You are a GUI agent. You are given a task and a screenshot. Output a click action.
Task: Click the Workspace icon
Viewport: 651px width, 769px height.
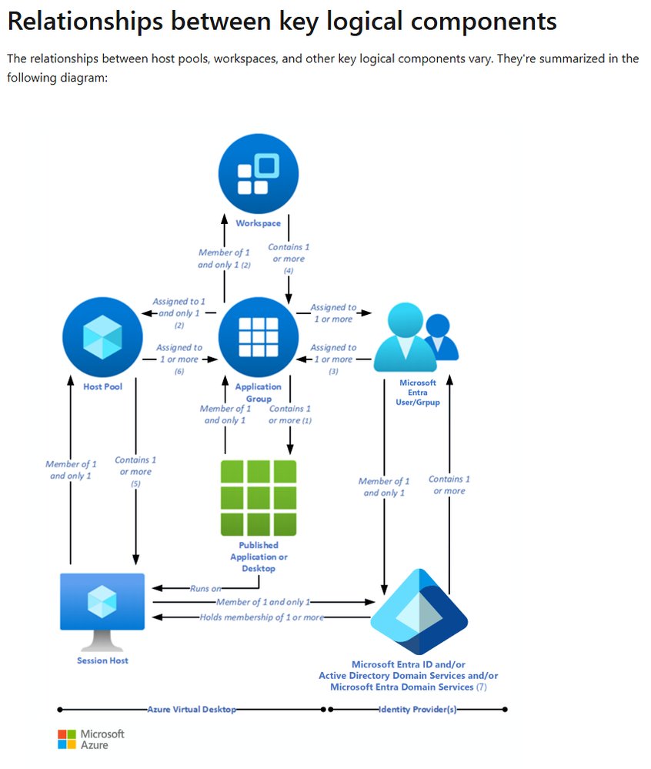[258, 175]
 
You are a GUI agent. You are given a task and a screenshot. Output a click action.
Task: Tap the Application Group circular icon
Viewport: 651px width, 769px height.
[258, 337]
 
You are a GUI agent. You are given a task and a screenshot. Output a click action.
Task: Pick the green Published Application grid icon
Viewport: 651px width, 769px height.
[258, 497]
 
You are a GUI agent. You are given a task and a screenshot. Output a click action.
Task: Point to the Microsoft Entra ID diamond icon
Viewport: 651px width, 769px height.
[419, 613]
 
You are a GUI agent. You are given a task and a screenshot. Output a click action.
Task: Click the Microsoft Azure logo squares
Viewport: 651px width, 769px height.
[68, 739]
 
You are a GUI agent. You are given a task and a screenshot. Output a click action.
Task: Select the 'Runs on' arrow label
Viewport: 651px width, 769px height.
[205, 589]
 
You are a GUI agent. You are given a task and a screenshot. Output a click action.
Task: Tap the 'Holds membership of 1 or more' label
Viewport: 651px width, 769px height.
[262, 617]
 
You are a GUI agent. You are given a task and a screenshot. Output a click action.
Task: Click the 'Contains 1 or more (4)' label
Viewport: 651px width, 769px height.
[289, 259]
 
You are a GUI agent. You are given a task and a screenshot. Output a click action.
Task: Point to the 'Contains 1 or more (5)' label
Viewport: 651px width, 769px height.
[135, 471]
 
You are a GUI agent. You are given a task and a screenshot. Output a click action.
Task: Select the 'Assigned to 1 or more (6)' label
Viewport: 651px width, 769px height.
[179, 359]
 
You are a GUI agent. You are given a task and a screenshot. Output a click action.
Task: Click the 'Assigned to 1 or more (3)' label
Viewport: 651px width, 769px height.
[333, 359]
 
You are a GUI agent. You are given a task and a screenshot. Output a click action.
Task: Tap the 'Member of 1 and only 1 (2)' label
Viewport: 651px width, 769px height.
[224, 259]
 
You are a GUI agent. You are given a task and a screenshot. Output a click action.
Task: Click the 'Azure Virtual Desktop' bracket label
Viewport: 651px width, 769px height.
[192, 710]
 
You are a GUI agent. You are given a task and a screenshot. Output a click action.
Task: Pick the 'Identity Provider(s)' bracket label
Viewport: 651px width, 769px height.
[417, 710]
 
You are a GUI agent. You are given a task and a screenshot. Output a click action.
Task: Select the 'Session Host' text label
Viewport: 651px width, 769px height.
[102, 660]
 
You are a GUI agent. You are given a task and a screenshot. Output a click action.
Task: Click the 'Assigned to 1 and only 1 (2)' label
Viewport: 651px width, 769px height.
[179, 313]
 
